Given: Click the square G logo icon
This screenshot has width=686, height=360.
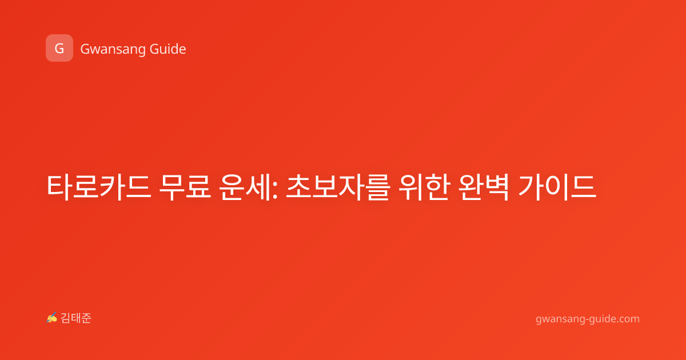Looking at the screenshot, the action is (x=59, y=48).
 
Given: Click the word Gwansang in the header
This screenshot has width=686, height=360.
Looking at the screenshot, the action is (x=113, y=49).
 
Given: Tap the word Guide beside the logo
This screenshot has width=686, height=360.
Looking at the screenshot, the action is (x=167, y=49).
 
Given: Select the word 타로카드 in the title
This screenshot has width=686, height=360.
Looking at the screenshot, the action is (x=99, y=187).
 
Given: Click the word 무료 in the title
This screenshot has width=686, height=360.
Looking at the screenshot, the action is (x=185, y=187).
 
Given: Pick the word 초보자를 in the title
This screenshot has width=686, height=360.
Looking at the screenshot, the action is (x=338, y=187).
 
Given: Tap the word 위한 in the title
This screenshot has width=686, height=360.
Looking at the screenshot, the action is (x=424, y=187).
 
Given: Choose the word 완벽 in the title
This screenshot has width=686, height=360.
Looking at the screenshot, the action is (x=484, y=187).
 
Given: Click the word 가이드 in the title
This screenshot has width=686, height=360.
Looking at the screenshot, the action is (x=557, y=187).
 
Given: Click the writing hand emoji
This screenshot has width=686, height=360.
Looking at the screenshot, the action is (x=52, y=318).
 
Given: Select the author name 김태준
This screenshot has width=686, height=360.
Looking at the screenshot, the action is (x=76, y=318).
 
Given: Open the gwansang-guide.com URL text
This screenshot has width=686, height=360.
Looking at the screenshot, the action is (x=588, y=319).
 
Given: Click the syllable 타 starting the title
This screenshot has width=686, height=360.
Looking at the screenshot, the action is (x=59, y=187).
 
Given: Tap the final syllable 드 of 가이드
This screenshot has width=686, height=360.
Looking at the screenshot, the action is (x=584, y=187).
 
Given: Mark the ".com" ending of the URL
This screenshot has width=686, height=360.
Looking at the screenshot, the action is (x=627, y=319).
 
